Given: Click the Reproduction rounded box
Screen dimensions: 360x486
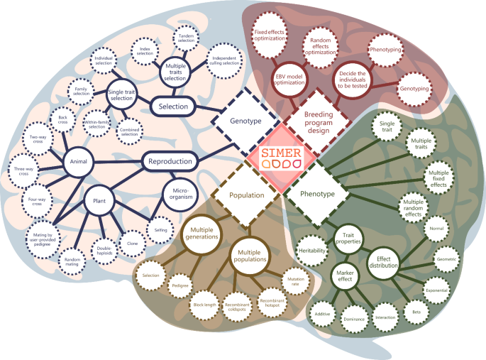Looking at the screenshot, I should pos(170,161).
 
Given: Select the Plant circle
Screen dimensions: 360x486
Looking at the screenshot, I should pos(99,201).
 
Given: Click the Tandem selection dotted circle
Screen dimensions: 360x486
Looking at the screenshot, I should pos(187,37).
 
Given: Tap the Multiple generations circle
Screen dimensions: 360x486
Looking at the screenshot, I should pos(202,234).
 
